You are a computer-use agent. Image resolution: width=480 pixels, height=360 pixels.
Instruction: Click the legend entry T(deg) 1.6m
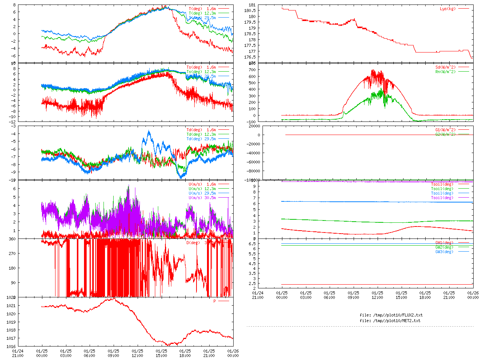(x=202, y=9)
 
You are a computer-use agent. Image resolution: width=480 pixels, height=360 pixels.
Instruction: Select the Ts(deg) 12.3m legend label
(x=201, y=72)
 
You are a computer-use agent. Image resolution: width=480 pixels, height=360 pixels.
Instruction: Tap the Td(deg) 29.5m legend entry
(x=201, y=139)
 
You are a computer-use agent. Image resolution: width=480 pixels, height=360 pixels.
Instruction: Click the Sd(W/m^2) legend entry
(x=445, y=67)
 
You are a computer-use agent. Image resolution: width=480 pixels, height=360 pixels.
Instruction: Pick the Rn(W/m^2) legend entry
(x=445, y=72)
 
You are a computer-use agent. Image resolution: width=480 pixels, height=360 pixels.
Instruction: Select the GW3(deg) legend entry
(x=444, y=252)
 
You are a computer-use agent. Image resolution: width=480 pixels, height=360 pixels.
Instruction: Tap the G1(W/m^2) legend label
(x=445, y=130)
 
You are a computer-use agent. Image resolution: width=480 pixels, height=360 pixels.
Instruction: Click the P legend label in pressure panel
(x=215, y=301)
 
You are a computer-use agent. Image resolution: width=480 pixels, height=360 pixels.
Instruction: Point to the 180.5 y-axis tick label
(x=250, y=10)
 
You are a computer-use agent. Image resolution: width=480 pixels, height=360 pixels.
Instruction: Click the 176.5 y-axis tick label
(x=250, y=57)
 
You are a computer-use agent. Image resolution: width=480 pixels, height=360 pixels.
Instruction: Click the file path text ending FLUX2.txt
(x=391, y=315)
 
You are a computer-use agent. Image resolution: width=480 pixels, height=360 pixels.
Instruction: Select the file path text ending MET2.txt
(x=390, y=321)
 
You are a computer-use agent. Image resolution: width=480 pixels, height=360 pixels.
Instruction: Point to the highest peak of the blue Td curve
(x=149, y=131)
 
